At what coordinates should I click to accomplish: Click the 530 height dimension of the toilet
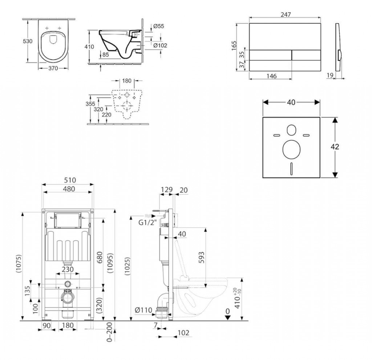(28, 41)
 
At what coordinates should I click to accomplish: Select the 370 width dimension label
(53, 68)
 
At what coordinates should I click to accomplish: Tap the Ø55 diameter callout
(158, 26)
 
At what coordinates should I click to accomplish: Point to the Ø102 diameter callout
(160, 45)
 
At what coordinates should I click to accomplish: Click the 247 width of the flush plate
(286, 15)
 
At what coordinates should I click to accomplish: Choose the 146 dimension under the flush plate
(271, 76)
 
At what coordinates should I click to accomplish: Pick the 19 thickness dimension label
(330, 76)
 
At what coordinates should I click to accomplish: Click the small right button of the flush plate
(306, 55)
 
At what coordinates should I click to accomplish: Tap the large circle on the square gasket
(292, 149)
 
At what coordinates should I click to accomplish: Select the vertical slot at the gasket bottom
(292, 169)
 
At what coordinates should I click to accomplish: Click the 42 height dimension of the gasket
(335, 147)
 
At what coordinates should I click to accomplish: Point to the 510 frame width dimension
(70, 180)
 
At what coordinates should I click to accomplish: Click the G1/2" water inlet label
(148, 223)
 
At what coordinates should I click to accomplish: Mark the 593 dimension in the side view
(201, 257)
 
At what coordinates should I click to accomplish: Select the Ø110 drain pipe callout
(143, 310)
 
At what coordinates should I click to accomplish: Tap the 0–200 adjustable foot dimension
(109, 332)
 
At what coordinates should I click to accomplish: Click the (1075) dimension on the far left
(19, 264)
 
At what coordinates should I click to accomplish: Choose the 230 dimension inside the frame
(68, 269)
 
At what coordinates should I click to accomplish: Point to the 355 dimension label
(90, 104)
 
